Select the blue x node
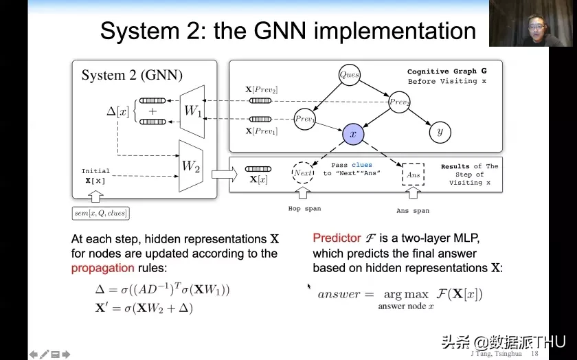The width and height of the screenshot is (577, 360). pos(353,134)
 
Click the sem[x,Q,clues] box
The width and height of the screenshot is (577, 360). pos(101,214)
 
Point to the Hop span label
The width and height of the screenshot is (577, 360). pos(305,209)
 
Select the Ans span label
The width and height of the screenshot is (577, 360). pos(413,211)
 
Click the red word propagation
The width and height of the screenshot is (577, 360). pos(102,268)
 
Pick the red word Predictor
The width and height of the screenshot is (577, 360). pos(337,238)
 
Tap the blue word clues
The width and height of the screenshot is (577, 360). pos(362,165)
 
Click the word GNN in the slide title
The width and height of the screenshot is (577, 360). pos(280,31)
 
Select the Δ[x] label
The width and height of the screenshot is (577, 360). pos(117,111)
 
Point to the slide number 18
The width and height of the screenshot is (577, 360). pos(534,353)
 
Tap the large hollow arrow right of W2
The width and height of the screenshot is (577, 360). pos(225,174)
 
